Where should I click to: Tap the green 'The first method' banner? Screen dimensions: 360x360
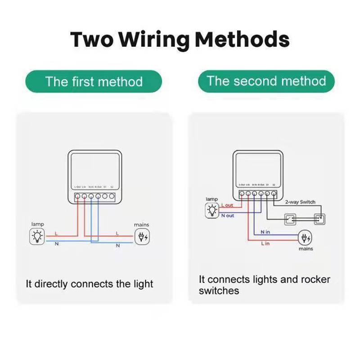[x=94, y=82]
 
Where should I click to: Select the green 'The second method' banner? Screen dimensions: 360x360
[x=266, y=81]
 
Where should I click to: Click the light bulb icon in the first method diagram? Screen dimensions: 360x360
[x=37, y=237]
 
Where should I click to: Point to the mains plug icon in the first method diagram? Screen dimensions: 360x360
[x=143, y=237]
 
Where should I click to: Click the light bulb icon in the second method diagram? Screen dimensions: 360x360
[x=212, y=210]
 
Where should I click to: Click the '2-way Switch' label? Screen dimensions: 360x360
[x=300, y=202]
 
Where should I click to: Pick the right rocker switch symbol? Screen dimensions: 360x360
[x=320, y=220]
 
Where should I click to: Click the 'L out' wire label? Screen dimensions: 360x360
[x=227, y=205]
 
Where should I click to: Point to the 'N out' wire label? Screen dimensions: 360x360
[x=228, y=216]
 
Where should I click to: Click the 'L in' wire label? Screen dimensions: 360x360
[x=265, y=243]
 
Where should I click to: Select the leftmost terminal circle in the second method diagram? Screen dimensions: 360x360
[x=242, y=193]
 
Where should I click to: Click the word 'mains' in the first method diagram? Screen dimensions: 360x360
[x=141, y=225]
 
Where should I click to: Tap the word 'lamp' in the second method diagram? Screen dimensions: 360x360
[x=211, y=199]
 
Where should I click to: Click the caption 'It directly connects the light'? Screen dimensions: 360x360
[x=89, y=284]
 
